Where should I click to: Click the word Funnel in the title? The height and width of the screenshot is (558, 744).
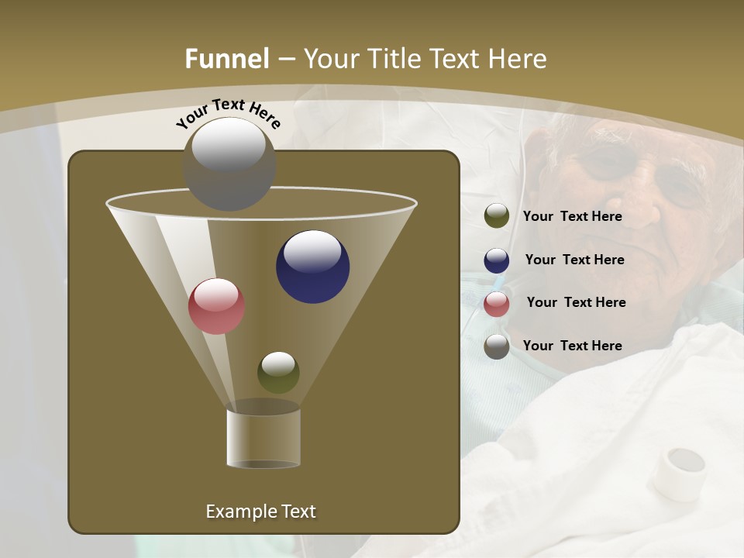click(227, 58)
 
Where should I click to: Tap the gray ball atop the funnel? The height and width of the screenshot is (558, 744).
click(229, 164)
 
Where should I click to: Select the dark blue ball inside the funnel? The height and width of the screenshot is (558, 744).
click(312, 267)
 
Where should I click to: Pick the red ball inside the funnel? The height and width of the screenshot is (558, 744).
click(216, 306)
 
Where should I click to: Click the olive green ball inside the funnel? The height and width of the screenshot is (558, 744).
click(278, 373)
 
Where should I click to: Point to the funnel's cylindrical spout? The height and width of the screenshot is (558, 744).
click(263, 439)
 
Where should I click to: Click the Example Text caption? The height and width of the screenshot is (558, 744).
click(260, 511)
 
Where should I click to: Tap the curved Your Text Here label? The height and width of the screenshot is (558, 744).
click(228, 113)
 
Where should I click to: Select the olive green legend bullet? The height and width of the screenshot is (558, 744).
click(497, 215)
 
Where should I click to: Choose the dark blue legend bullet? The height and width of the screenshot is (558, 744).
click(497, 260)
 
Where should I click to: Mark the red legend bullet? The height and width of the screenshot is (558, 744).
click(497, 304)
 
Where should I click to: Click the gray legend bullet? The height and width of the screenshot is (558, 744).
click(497, 346)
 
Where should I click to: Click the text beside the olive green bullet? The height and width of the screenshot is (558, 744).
click(572, 216)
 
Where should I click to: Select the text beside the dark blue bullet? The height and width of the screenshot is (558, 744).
click(574, 260)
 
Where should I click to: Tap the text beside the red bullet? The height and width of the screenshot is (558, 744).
click(576, 302)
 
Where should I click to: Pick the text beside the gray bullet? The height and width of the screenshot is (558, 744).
click(572, 346)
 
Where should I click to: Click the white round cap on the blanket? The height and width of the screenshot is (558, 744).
click(678, 471)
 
